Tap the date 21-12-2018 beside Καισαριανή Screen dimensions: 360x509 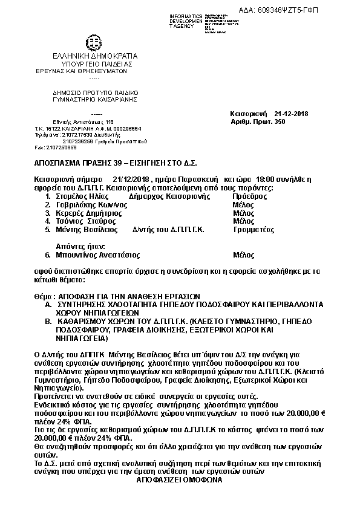click(291, 114)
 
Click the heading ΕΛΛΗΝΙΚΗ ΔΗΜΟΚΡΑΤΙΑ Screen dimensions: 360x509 click(96, 56)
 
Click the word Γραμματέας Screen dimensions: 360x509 click(254, 230)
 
